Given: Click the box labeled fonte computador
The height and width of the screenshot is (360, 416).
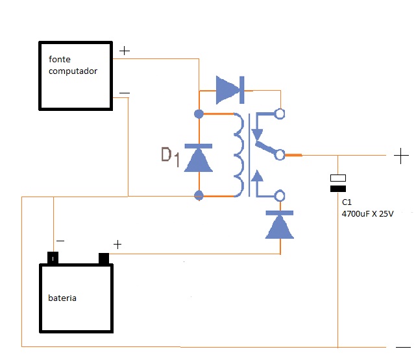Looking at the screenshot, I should pyautogui.click(x=75, y=75).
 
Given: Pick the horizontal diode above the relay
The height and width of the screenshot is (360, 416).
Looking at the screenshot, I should pyautogui.click(x=228, y=90).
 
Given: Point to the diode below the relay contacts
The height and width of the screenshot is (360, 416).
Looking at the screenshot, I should pyautogui.click(x=280, y=225).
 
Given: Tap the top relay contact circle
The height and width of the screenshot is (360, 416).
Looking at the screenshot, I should pyautogui.click(x=280, y=114).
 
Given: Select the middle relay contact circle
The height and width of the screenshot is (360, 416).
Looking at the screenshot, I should pyautogui.click(x=280, y=155).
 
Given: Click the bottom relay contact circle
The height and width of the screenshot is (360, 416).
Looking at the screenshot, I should pyautogui.click(x=280, y=195).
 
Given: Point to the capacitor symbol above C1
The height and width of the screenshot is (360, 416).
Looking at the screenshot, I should pyautogui.click(x=338, y=183).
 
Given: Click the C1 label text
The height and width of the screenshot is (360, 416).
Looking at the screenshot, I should pyautogui.click(x=347, y=202).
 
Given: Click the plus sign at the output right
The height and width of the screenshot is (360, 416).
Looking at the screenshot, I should pyautogui.click(x=401, y=156).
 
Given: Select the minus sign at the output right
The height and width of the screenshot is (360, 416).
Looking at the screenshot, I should pyautogui.click(x=402, y=346).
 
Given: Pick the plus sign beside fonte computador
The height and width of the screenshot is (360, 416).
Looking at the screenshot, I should pyautogui.click(x=125, y=50).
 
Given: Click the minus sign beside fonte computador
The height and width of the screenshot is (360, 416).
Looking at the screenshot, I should pyautogui.click(x=125, y=93).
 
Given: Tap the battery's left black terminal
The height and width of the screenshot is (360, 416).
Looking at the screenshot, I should pyautogui.click(x=53, y=258).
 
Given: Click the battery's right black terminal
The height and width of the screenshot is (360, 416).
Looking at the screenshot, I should pyautogui.click(x=103, y=258).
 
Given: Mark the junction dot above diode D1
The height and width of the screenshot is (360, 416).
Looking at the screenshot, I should pyautogui.click(x=199, y=114).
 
